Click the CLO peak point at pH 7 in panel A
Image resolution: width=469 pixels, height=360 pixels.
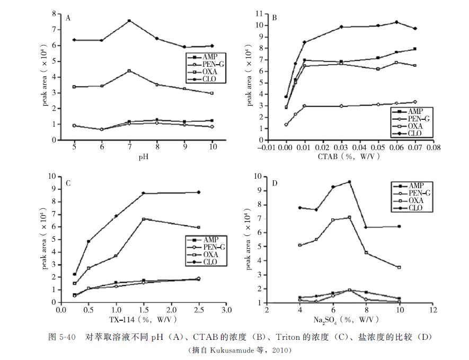point(129,21)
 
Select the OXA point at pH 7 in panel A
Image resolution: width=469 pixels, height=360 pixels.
point(129,71)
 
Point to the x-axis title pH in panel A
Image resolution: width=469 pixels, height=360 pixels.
point(143,157)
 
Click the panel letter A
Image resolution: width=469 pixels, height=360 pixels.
point(68,18)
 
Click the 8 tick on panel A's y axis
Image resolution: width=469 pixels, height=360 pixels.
point(56,14)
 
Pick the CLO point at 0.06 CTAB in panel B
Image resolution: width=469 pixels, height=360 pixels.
point(396,22)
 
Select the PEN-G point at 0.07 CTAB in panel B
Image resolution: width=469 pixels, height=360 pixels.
point(415,102)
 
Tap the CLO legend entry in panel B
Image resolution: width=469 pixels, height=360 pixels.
point(414,134)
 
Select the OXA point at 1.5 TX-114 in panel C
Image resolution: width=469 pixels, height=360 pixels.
point(144,219)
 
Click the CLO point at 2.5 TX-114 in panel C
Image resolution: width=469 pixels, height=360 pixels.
point(199,192)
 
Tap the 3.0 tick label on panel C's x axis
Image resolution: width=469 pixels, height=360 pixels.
point(226,310)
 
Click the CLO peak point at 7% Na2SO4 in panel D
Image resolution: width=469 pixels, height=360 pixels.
point(349,182)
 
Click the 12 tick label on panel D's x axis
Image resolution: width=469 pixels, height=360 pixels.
point(433,310)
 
